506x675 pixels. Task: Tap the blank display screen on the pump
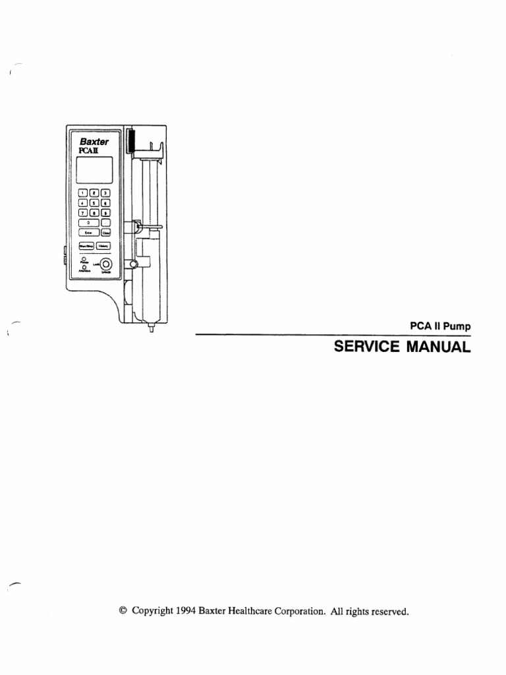(x=94, y=170)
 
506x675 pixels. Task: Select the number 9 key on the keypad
(x=105, y=213)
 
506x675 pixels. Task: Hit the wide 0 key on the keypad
(x=88, y=223)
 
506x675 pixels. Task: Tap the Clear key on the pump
(x=105, y=232)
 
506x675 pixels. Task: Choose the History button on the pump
(x=104, y=246)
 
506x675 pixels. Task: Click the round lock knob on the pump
(x=105, y=264)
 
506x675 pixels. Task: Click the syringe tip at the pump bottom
(x=152, y=327)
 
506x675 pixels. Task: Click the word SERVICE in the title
(x=368, y=347)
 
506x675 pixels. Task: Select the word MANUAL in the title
(x=440, y=347)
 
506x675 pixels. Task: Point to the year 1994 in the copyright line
(x=187, y=610)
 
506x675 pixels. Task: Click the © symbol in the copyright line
(x=123, y=610)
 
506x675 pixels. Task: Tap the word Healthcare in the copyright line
(x=256, y=610)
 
